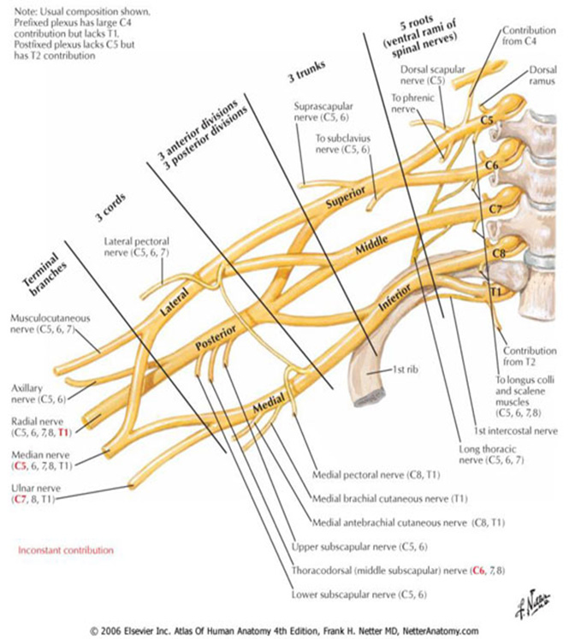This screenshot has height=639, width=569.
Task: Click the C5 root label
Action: pyautogui.click(x=486, y=121)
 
